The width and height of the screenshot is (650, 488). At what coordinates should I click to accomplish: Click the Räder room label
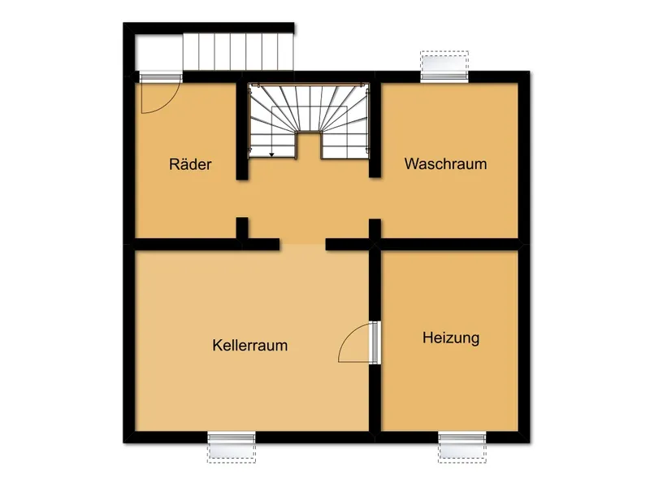coord(191,164)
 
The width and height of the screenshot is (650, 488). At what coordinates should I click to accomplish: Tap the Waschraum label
coord(446,163)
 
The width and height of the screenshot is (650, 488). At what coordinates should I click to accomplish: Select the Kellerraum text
coord(250,345)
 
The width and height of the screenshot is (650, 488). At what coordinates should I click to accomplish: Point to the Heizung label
coord(451,338)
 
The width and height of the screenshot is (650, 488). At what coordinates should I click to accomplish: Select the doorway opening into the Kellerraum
coord(303,243)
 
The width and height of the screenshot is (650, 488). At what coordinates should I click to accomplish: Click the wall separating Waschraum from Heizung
coord(451,243)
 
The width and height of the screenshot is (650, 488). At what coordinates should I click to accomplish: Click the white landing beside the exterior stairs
coord(157,52)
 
